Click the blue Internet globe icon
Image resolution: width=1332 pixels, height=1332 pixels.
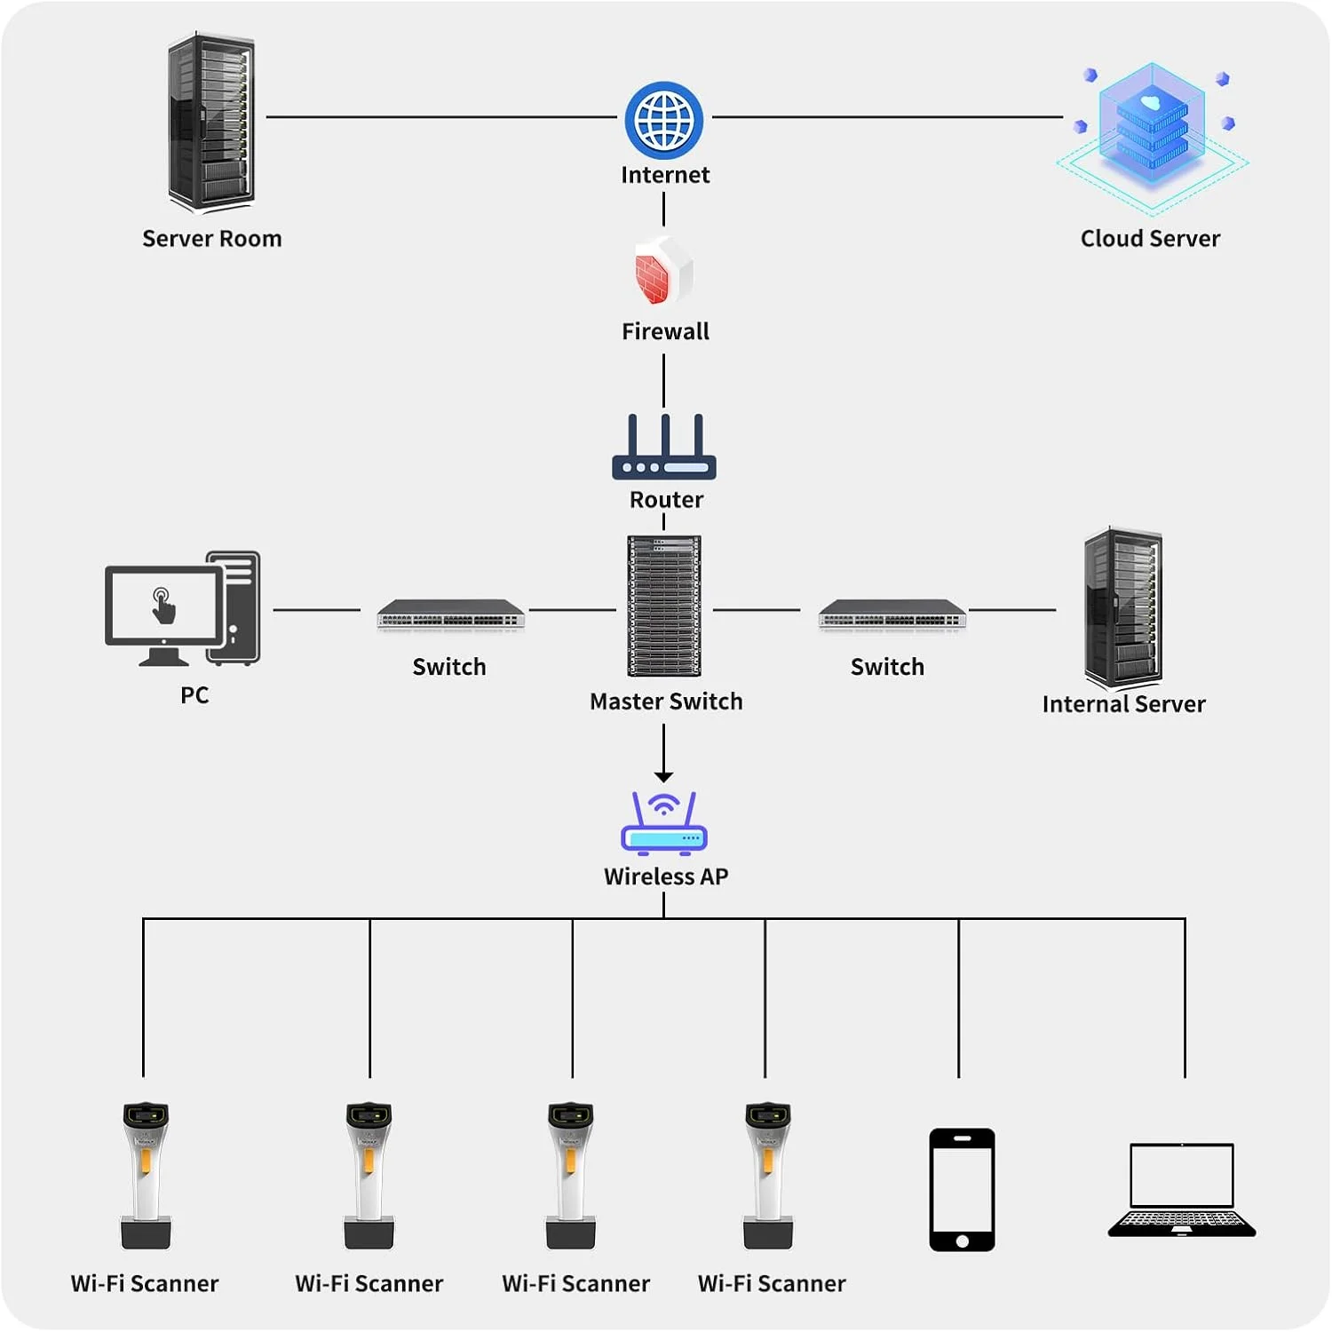point(664,120)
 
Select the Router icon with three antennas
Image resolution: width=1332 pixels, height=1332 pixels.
point(664,448)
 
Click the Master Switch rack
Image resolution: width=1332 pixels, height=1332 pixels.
point(664,606)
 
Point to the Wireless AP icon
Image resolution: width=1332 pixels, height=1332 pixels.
point(664,823)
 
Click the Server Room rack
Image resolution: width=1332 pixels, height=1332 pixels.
point(211,123)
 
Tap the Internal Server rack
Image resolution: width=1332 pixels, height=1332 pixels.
point(1122,608)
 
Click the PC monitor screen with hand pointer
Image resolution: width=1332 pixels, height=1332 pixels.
point(163,606)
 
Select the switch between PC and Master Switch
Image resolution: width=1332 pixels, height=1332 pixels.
point(451,614)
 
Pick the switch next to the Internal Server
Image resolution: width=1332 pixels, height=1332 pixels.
point(892,614)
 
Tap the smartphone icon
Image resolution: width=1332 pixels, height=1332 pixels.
point(962,1189)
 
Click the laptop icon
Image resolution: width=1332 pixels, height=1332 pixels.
point(1182,1190)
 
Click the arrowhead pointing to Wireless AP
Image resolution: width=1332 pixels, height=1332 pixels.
point(664,777)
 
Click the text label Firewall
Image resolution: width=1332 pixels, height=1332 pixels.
point(665,332)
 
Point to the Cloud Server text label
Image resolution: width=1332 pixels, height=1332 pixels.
point(1150,239)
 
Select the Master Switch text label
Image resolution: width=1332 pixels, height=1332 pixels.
point(666,702)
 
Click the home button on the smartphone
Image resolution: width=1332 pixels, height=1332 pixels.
point(962,1241)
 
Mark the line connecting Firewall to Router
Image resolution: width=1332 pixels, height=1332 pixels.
point(664,380)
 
